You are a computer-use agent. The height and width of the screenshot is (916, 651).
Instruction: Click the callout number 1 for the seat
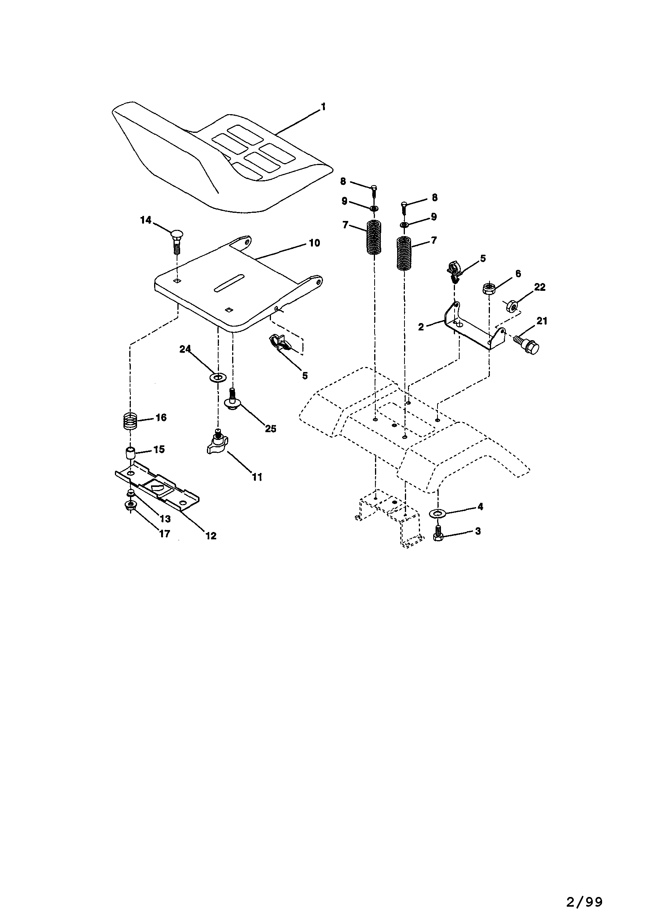click(323, 107)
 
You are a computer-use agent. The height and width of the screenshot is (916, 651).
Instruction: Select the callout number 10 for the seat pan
click(315, 243)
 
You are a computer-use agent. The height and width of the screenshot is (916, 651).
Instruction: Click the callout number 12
click(211, 535)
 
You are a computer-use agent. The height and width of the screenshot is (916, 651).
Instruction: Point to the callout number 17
click(165, 534)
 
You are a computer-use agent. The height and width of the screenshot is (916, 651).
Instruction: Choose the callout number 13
click(165, 519)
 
